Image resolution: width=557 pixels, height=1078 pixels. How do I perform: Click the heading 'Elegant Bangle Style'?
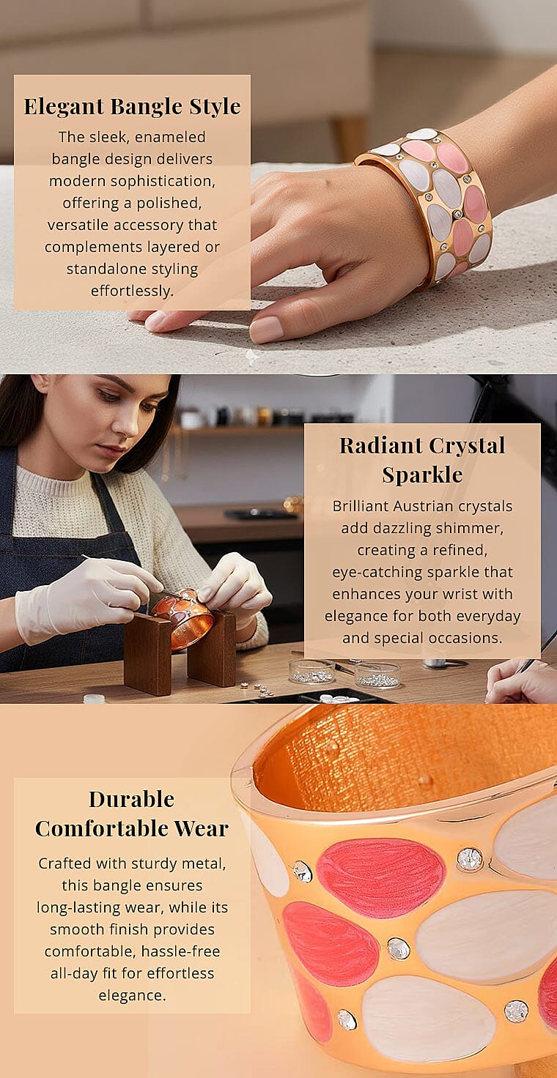click(132, 106)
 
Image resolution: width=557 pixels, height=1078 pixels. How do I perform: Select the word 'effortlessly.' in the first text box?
click(132, 291)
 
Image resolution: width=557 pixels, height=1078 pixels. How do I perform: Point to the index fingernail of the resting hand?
click(266, 329)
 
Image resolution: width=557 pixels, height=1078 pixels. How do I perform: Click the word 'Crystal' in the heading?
click(467, 445)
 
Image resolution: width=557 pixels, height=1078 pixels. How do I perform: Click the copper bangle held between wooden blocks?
click(182, 618)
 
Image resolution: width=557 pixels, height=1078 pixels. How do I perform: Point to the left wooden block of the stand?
click(148, 653)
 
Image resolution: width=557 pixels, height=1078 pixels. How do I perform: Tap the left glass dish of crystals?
click(311, 672)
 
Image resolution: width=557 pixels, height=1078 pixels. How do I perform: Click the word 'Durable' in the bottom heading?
click(131, 800)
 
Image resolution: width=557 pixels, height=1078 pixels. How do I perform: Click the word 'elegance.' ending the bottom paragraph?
click(132, 995)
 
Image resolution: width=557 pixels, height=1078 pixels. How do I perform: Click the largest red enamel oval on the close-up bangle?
click(380, 879)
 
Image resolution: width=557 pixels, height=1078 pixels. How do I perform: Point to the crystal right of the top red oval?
click(469, 860)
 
